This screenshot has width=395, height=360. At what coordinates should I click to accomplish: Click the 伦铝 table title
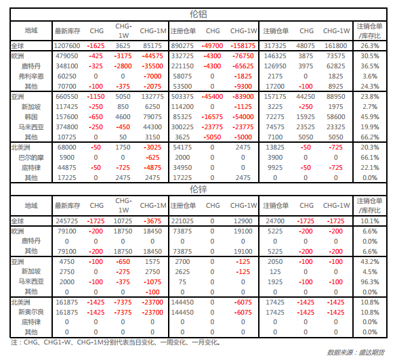point(199,14)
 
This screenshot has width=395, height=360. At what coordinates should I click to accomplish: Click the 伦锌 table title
point(199,189)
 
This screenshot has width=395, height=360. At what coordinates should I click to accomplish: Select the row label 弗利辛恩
point(31,76)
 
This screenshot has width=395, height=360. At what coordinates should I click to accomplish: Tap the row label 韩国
point(31,117)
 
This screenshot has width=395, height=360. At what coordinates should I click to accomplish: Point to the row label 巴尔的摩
point(31,158)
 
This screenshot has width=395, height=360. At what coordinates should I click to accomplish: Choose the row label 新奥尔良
point(31,312)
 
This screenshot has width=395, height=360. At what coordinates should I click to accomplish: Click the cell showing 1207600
point(67,46)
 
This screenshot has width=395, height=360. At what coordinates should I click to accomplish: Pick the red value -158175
point(243,46)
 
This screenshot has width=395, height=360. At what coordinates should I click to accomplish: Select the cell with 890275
point(182,46)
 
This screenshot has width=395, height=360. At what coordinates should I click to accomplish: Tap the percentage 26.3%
point(370,46)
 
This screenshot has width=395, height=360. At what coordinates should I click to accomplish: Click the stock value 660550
point(67,97)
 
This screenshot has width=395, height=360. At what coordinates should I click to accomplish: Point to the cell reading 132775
point(152,97)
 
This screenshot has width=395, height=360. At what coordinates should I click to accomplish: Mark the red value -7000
point(152,76)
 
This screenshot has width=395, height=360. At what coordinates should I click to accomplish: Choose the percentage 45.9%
point(370,117)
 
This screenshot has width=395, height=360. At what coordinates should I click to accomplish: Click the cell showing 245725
point(67,221)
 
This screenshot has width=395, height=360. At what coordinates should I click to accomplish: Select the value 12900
point(243,221)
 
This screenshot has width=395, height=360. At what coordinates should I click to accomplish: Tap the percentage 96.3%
point(370,282)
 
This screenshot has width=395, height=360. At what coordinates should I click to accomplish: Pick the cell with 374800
point(67,127)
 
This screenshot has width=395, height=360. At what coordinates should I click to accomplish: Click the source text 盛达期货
point(372,353)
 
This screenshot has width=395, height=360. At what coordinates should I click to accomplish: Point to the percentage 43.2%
point(370,262)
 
